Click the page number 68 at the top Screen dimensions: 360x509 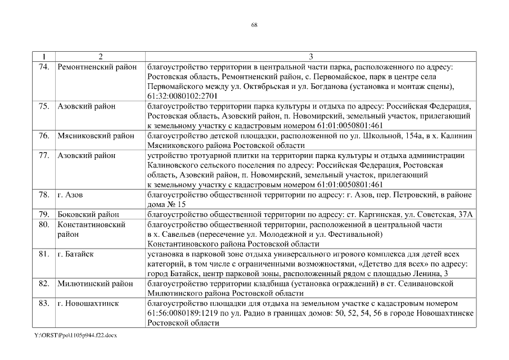254,25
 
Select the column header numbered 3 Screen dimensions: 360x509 310,57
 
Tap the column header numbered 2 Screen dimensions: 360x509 100,57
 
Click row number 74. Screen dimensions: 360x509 44,67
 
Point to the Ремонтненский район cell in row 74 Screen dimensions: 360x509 97,67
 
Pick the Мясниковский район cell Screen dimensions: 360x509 96,136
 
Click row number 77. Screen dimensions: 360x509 44,155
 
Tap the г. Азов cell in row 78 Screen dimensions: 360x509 70,195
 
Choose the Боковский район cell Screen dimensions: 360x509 88,214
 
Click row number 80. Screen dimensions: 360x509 44,224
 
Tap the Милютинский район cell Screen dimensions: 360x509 96,283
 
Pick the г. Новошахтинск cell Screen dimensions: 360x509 87,303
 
